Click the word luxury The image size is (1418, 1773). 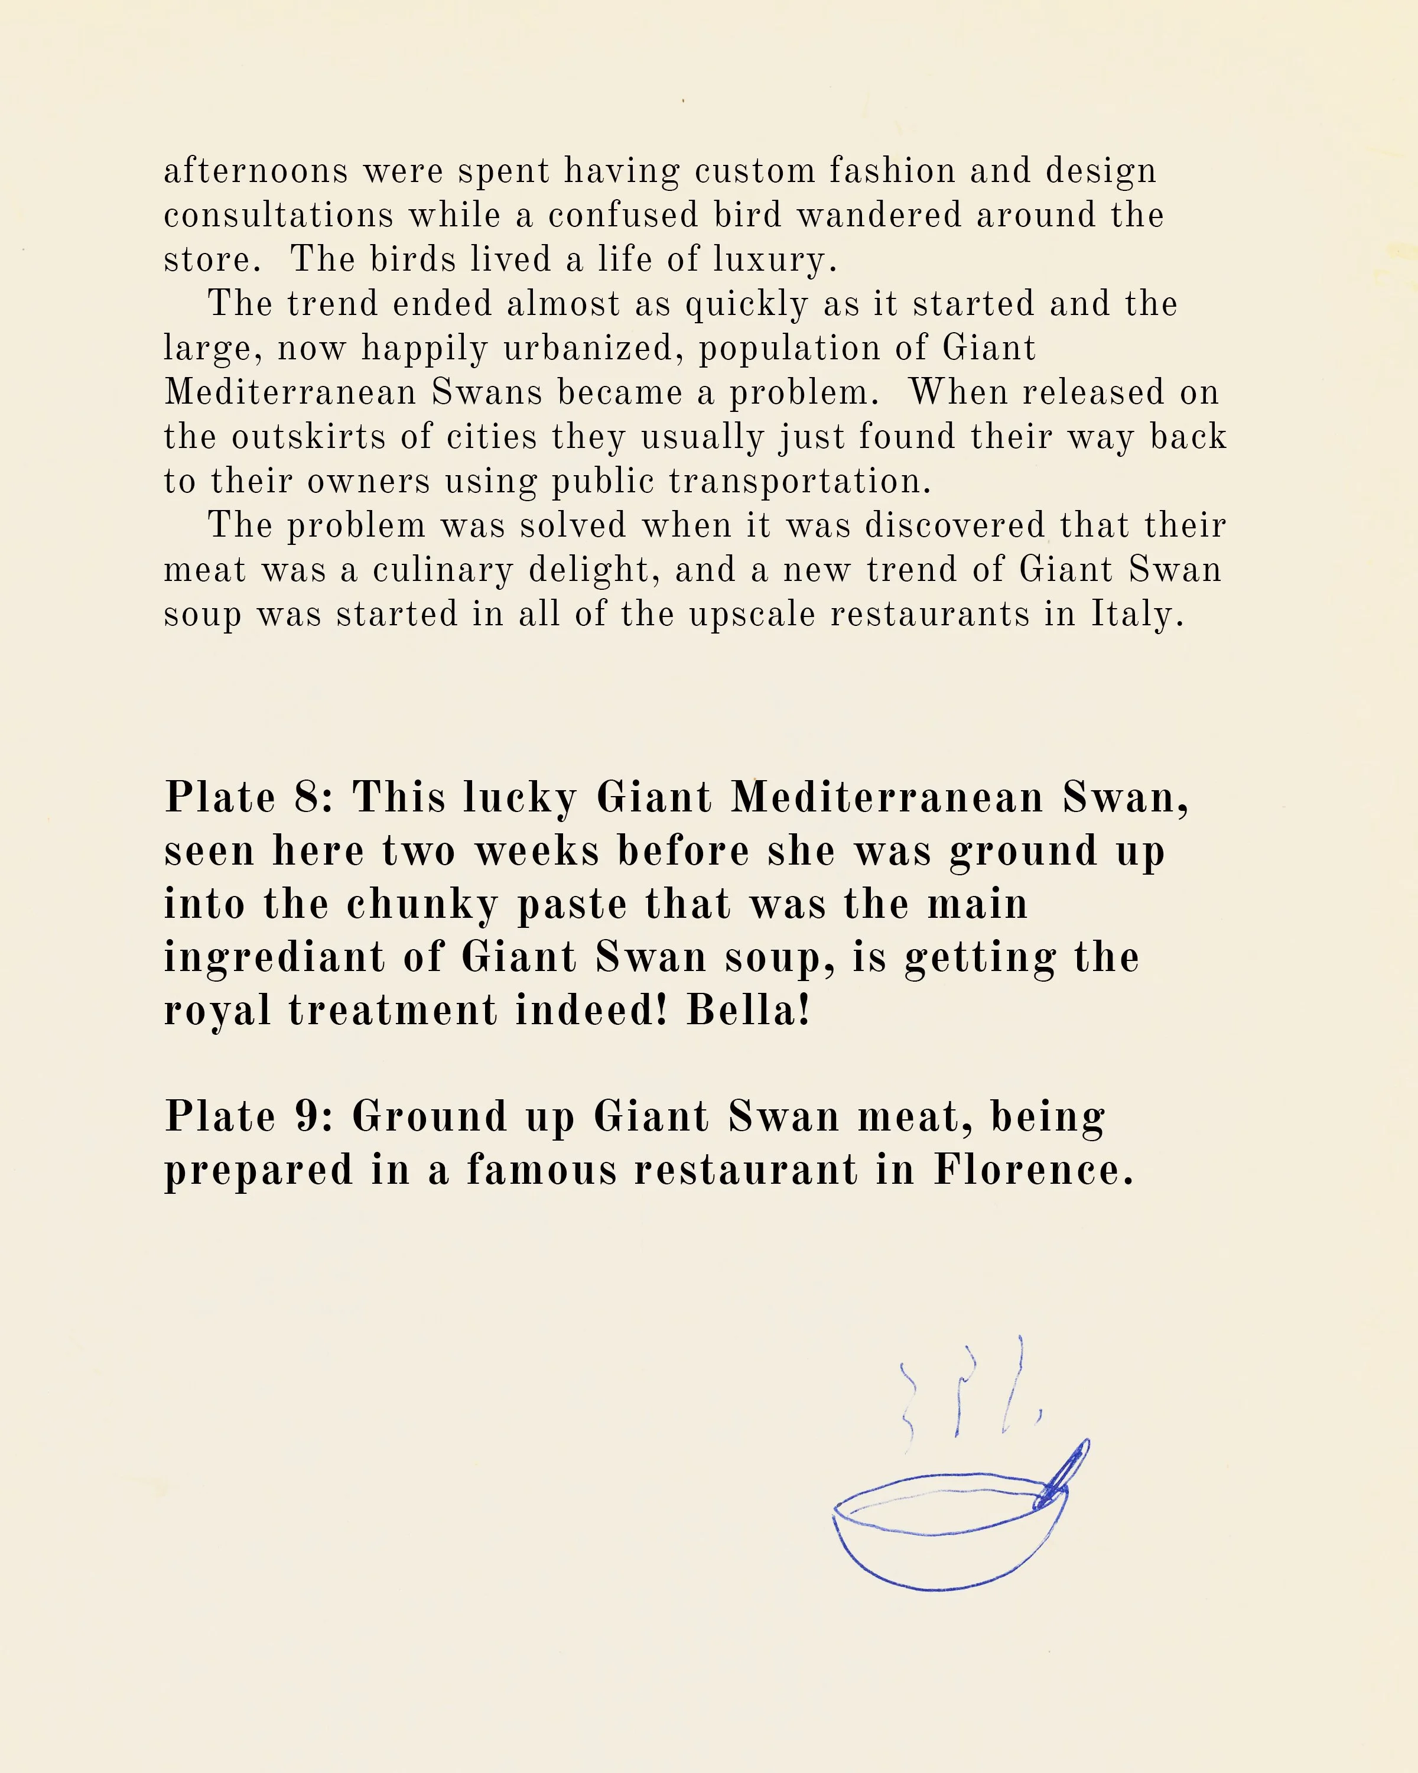[x=775, y=261]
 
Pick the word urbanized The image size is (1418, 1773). [x=593, y=349]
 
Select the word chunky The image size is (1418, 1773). [x=422, y=905]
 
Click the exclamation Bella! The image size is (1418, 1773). [x=749, y=1011]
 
